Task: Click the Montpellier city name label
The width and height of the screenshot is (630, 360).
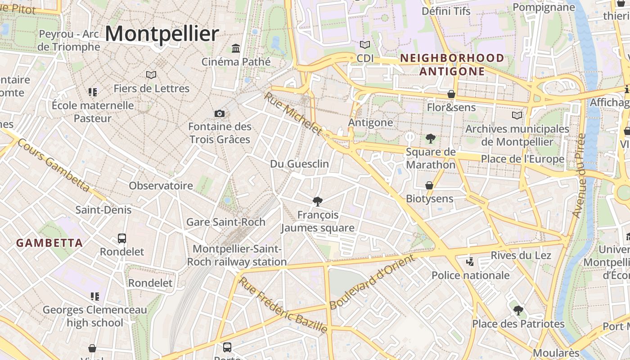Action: coord(162,34)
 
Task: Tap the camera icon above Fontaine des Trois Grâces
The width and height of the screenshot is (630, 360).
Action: coord(220,113)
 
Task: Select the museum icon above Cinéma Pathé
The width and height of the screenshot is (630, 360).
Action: coord(236,48)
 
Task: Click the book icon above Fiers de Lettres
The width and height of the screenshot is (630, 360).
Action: coord(151,75)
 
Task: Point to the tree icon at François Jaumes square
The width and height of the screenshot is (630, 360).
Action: coord(318,201)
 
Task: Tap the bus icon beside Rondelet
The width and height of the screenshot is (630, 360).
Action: coord(121,238)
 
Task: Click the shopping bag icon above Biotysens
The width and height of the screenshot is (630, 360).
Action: coord(430,185)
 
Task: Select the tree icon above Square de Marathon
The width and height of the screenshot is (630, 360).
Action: coord(431,139)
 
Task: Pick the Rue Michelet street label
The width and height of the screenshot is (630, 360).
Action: coord(293,113)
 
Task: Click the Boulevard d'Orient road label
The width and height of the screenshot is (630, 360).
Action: coord(372,282)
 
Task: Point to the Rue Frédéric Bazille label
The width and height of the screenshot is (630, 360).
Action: coord(283,305)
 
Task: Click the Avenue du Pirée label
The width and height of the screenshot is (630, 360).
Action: coord(579,175)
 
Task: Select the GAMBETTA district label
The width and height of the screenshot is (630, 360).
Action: coord(49,243)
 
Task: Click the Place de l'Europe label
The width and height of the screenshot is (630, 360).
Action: coord(522,159)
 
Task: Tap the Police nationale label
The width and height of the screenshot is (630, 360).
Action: coord(471,275)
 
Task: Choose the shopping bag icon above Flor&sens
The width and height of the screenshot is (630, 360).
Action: coord(451,94)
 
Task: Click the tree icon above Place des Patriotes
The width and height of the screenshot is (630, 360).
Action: coord(518,310)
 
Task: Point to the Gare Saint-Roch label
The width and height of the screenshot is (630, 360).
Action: coord(226,222)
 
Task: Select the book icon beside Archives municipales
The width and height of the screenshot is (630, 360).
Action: coord(517,116)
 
